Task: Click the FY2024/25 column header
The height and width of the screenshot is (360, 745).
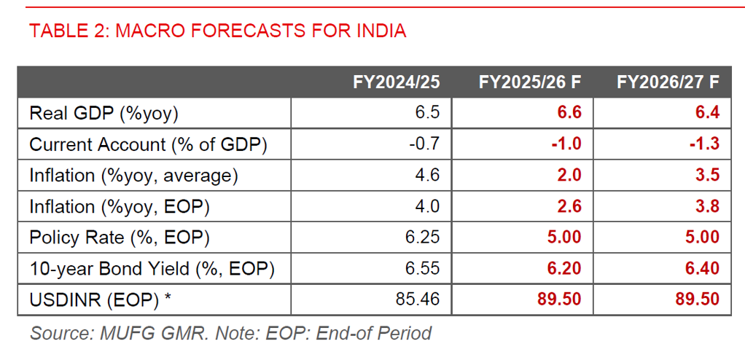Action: pyautogui.click(x=397, y=82)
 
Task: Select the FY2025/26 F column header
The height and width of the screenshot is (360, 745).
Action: pyautogui.click(x=530, y=82)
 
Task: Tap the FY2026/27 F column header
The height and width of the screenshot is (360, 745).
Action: pyautogui.click(x=668, y=82)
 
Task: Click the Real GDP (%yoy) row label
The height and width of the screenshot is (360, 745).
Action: pyautogui.click(x=104, y=113)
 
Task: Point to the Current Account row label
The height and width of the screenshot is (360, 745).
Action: pyautogui.click(x=148, y=144)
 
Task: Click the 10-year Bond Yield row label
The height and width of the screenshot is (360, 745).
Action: pyautogui.click(x=152, y=268)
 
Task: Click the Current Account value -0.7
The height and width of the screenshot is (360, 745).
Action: pyautogui.click(x=424, y=144)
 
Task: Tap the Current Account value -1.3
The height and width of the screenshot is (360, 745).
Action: pyautogui.click(x=705, y=144)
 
